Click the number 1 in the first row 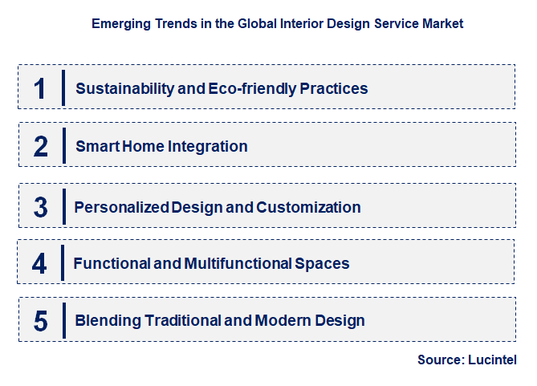pos(40,88)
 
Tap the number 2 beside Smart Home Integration pos(41,146)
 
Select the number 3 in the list pos(41,207)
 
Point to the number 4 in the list pos(40,263)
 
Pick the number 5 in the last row pos(41,321)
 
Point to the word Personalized pos(121,207)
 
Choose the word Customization pos(308,207)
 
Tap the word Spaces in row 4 pos(326,263)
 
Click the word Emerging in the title pos(120,24)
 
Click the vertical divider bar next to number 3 pos(63,207)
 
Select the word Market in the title pos(441,24)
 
